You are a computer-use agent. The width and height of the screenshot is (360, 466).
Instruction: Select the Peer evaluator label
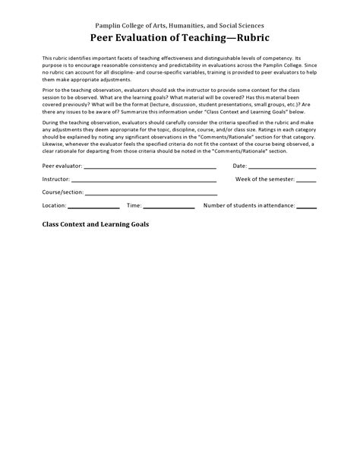tap(62, 165)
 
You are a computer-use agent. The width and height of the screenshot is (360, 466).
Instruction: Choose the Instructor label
tap(56, 179)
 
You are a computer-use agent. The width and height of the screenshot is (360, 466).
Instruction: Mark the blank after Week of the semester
tap(306, 181)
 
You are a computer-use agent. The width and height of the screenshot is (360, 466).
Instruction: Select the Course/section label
tap(62, 192)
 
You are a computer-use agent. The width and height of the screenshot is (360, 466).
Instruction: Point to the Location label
tap(54, 205)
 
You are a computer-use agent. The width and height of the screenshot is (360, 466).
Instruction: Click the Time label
tap(134, 205)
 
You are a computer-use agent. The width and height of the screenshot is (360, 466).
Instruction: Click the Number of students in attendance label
tap(248, 205)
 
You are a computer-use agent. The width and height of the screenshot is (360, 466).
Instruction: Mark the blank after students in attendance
tap(306, 208)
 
